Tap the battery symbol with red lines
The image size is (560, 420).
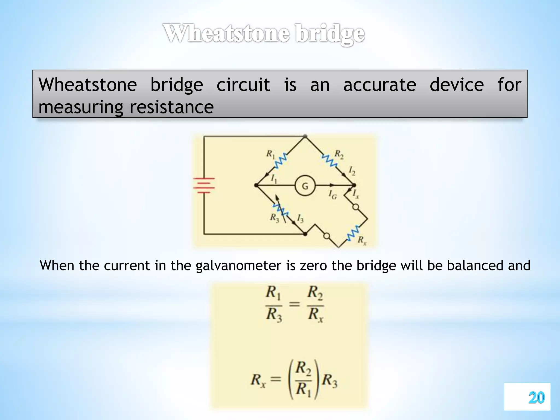204,186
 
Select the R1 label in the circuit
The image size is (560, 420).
270,154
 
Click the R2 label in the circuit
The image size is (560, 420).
339,154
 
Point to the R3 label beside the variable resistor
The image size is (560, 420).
274,218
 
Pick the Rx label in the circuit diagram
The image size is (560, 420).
362,240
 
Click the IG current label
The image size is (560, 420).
332,194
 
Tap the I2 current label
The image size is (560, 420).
352,171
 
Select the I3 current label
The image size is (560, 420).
300,218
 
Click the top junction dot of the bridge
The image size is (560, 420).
305,136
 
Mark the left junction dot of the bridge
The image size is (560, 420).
256,185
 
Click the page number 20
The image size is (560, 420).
536,398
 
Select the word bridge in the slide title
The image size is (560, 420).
330,34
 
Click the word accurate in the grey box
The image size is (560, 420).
380,85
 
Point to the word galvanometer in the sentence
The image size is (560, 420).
238,266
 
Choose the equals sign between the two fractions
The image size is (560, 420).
294,304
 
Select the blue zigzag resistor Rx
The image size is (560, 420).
353,233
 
